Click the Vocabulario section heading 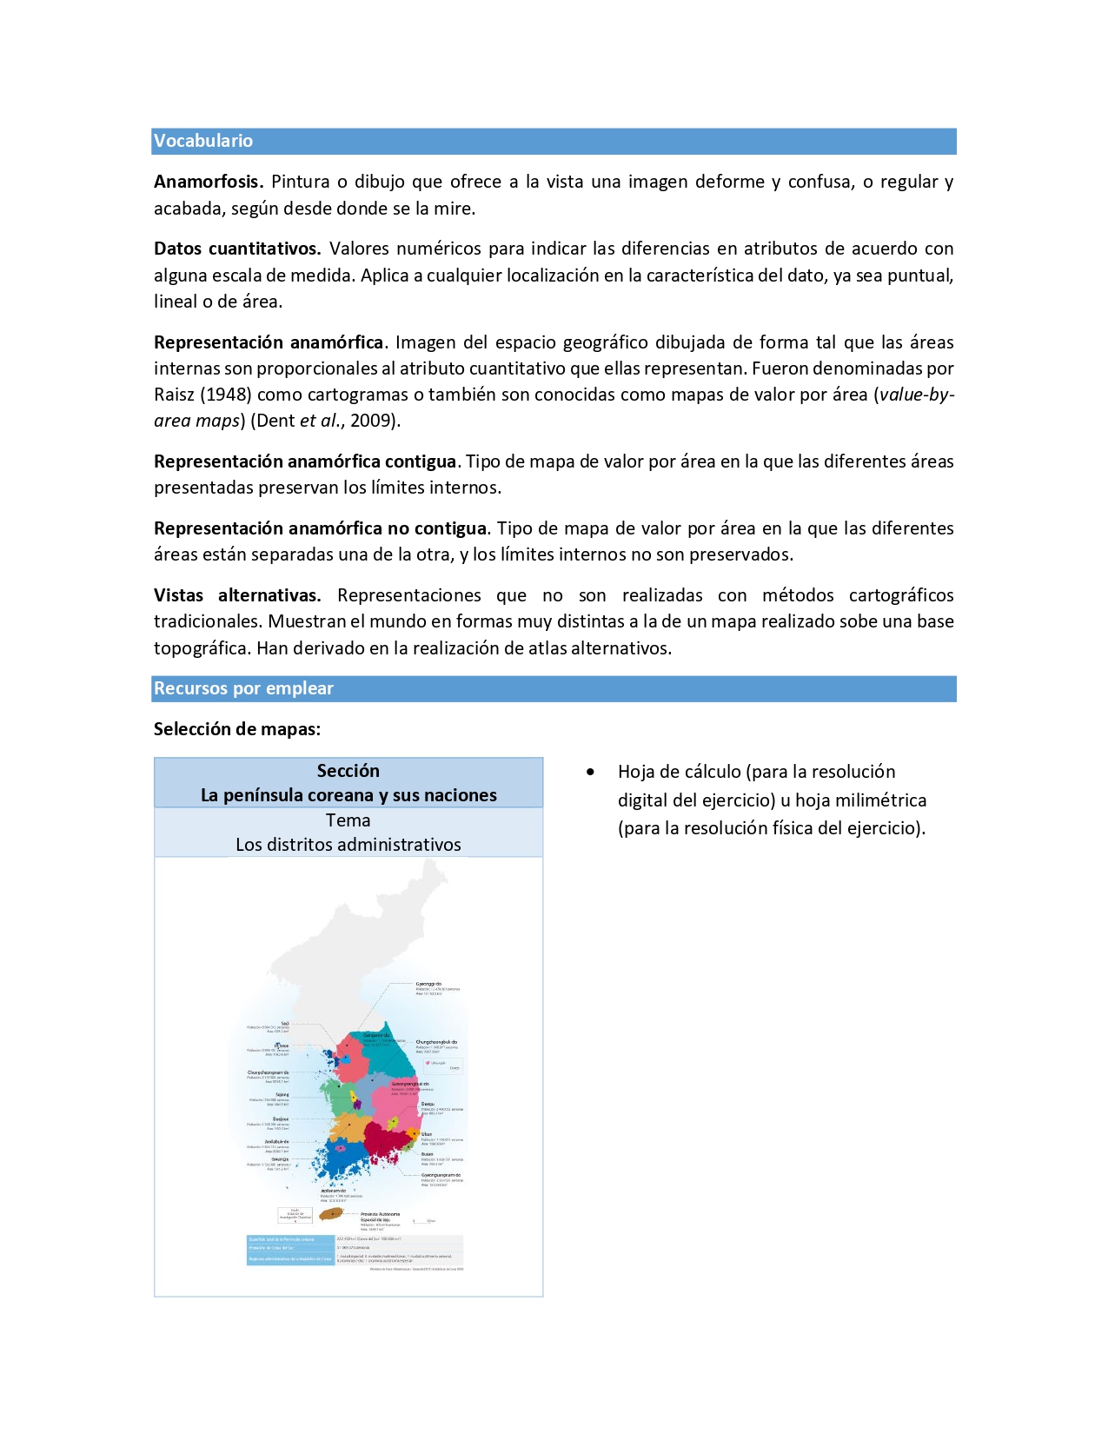click(x=203, y=141)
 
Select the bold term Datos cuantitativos click(x=237, y=249)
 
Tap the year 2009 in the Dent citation click(x=371, y=421)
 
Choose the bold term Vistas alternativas click(x=237, y=595)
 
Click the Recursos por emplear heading click(x=243, y=688)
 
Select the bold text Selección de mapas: click(x=237, y=729)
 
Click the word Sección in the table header click(x=348, y=771)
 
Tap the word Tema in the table click(x=348, y=820)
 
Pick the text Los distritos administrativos click(x=348, y=845)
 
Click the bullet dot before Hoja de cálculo click(x=591, y=772)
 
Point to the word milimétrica click(x=880, y=800)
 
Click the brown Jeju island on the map click(x=330, y=1214)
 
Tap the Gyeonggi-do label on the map click(x=428, y=984)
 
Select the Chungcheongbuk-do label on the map click(x=436, y=1042)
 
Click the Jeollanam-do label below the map click(x=334, y=1192)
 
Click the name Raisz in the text click(x=174, y=395)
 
